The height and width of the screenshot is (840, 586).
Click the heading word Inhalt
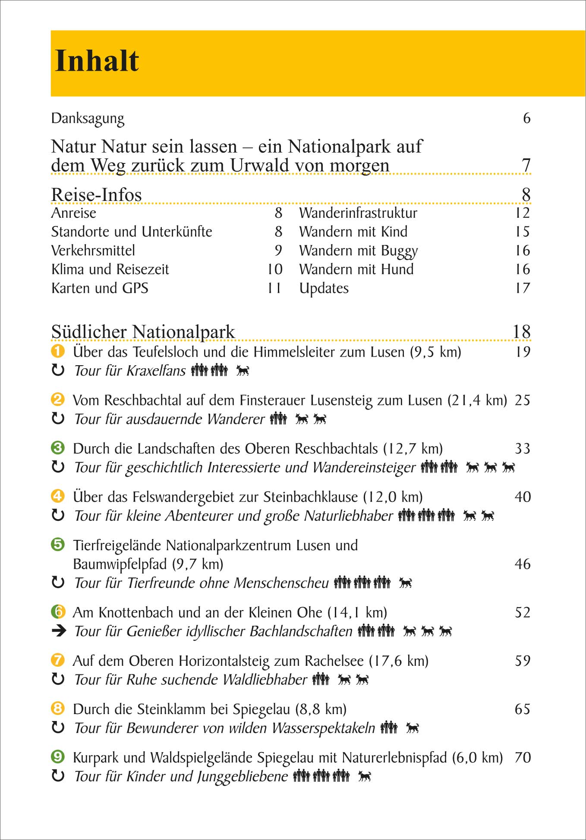tap(97, 61)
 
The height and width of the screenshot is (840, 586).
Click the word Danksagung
tap(88, 119)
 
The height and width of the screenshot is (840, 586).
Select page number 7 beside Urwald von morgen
tap(526, 165)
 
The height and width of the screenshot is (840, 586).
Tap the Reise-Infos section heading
tap(96, 194)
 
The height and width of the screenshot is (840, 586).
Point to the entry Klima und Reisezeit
tap(110, 270)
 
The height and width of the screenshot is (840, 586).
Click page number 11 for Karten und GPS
tap(274, 288)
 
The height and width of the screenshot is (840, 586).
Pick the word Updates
tap(324, 288)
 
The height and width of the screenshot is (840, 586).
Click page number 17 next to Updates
tap(522, 288)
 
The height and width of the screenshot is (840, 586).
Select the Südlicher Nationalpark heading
tap(143, 332)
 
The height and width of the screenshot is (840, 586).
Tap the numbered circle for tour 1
tap(58, 351)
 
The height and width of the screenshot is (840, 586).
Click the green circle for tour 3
tap(58, 448)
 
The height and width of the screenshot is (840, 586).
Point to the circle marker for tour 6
tap(58, 611)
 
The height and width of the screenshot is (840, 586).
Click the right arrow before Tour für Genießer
tap(59, 631)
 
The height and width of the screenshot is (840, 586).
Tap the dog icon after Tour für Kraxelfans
tap(243, 370)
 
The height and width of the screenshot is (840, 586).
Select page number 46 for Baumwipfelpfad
tap(522, 564)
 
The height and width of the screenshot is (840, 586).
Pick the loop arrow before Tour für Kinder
tap(58, 776)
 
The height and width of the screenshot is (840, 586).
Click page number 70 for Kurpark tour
tap(522, 758)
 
